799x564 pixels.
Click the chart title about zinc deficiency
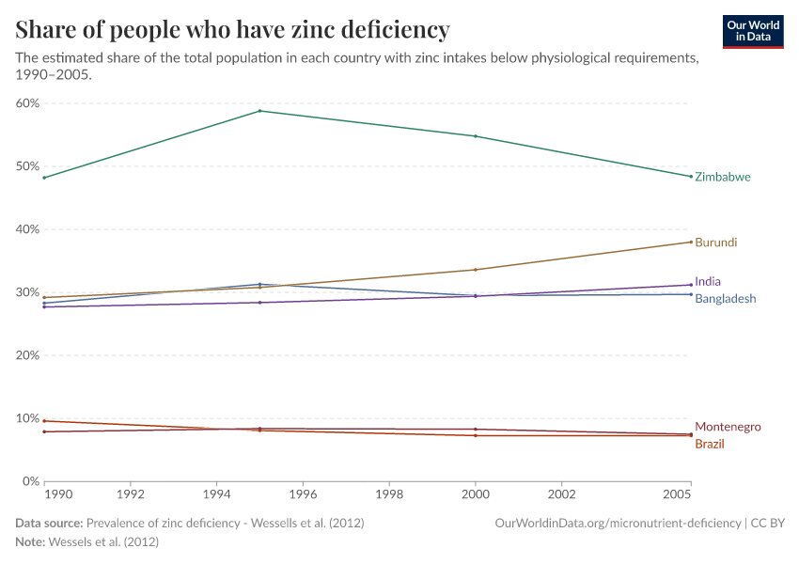coord(232,30)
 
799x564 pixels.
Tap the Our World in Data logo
coord(752,31)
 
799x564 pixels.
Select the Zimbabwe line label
coord(722,177)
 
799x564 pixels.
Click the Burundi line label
coord(715,243)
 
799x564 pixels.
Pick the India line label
coord(708,281)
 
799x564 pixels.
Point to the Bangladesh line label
coord(725,299)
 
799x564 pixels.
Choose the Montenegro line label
coord(728,427)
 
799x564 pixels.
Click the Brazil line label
coord(710,444)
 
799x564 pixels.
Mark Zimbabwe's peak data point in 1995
coord(260,111)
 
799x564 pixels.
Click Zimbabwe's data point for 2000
coord(476,136)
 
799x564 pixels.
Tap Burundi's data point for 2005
coord(691,242)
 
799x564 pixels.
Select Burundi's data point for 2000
coord(476,270)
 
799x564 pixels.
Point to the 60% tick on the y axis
coord(27,103)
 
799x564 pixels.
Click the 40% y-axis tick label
coord(27,229)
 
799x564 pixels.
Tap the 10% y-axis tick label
coord(27,418)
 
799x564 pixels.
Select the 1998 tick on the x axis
coord(389,493)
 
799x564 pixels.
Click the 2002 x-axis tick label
coord(562,493)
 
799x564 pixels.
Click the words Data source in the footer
coord(49,523)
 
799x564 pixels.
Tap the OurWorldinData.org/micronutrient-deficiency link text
coord(618,523)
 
